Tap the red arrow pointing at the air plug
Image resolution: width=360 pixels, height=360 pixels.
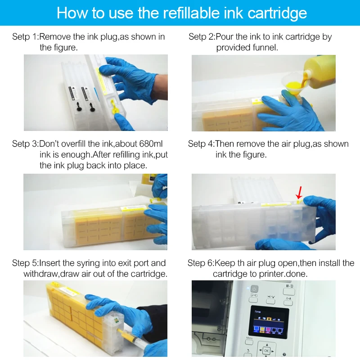tap(299, 193)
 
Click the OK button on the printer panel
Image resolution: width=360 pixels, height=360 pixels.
tap(266, 351)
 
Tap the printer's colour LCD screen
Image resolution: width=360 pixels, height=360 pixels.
tap(269, 322)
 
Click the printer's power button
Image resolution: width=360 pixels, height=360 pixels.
tap(254, 289)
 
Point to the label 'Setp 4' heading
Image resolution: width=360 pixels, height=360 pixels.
tap(200, 144)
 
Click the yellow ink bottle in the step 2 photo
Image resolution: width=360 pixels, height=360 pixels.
tap(319, 74)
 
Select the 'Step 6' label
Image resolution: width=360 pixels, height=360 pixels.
tap(200, 263)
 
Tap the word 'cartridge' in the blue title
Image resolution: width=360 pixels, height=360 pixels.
tap(277, 13)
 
